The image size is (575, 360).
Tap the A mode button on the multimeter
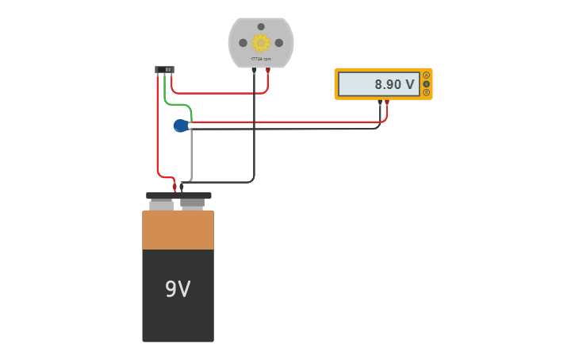pyautogui.click(x=427, y=75)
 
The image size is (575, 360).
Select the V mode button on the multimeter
pyautogui.click(x=427, y=83)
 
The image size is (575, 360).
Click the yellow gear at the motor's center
pyautogui.click(x=261, y=43)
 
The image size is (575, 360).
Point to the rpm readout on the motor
pyautogui.click(x=261, y=60)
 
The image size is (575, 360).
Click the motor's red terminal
pyautogui.click(x=268, y=71)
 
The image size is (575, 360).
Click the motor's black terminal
pyautogui.click(x=254, y=71)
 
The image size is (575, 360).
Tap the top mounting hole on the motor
pyautogui.click(x=261, y=26)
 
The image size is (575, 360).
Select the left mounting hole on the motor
pyautogui.click(x=243, y=43)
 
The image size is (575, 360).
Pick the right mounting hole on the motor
pyautogui.click(x=279, y=43)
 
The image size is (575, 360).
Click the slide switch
pyautogui.click(x=164, y=70)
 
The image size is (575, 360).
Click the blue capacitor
pyautogui.click(x=181, y=126)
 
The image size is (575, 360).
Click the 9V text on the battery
pyautogui.click(x=178, y=289)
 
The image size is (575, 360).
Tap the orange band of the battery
pyautogui.click(x=178, y=230)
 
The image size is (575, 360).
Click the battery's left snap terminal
pyautogui.click(x=161, y=204)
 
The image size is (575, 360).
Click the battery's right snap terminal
pyautogui.click(x=192, y=203)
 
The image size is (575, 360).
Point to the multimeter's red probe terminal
pyautogui.click(x=387, y=103)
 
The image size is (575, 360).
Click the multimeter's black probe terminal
pyautogui.click(x=380, y=103)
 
